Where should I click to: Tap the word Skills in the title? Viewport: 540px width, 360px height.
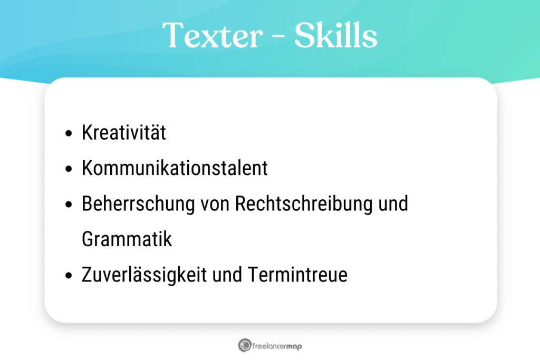(x=336, y=35)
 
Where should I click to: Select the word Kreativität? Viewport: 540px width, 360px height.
(x=124, y=133)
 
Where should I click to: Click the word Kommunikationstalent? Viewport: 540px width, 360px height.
(x=175, y=168)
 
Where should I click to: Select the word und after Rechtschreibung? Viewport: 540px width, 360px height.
(x=394, y=204)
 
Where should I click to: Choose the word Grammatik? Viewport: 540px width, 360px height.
(x=127, y=240)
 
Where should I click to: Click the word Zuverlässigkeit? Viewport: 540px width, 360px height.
(x=147, y=275)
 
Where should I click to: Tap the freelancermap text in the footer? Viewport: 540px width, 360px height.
(x=277, y=346)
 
